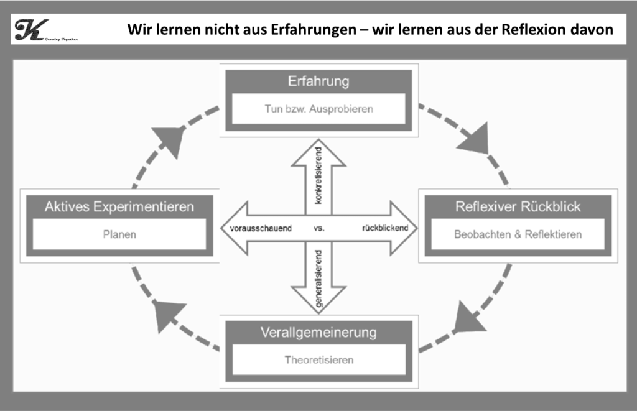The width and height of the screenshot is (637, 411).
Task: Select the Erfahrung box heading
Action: (x=318, y=81)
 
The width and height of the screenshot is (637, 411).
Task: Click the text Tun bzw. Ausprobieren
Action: (x=318, y=109)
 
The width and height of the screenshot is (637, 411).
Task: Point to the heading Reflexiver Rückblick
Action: (x=518, y=206)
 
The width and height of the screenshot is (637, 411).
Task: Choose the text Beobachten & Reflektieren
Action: (x=518, y=234)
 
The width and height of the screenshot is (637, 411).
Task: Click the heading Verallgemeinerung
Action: (x=318, y=332)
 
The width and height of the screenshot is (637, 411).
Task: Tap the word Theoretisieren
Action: (x=318, y=359)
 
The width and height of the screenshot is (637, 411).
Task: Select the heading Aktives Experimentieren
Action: (x=119, y=206)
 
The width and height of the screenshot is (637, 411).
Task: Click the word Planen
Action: (x=119, y=235)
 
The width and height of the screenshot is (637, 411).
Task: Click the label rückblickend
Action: (x=384, y=228)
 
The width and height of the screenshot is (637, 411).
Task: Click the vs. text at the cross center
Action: (x=319, y=228)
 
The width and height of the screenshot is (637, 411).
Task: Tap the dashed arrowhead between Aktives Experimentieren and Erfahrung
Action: (x=169, y=139)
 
